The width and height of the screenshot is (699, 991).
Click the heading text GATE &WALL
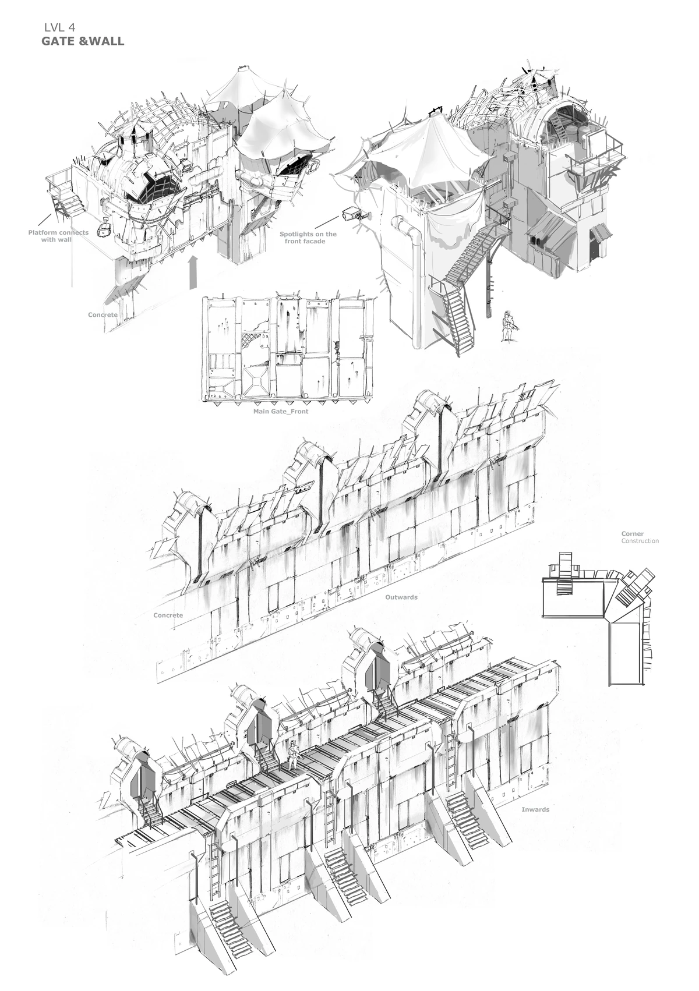tap(82, 42)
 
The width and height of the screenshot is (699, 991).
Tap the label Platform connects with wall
tap(58, 235)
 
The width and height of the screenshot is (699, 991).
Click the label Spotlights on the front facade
tap(308, 237)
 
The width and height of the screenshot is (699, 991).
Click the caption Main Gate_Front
tap(281, 411)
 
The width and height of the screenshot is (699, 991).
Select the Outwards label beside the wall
tap(401, 597)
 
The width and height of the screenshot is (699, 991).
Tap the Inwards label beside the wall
tap(535, 809)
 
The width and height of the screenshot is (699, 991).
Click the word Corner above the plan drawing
tap(632, 533)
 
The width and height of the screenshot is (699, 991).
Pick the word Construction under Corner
tap(640, 541)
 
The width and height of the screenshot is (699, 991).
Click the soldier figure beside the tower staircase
tap(506, 326)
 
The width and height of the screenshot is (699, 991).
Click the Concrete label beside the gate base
tap(103, 315)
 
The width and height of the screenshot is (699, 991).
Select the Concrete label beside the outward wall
tap(168, 615)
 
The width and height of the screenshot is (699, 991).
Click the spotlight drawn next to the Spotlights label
tap(354, 214)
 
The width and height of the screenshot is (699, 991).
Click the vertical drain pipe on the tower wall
tap(415, 279)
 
